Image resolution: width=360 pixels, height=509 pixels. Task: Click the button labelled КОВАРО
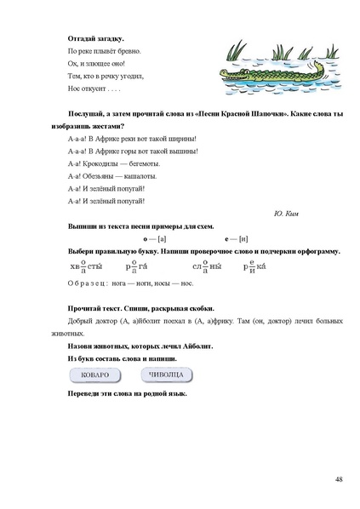[x=94, y=375]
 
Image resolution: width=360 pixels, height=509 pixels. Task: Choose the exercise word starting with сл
[x=207, y=266]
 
